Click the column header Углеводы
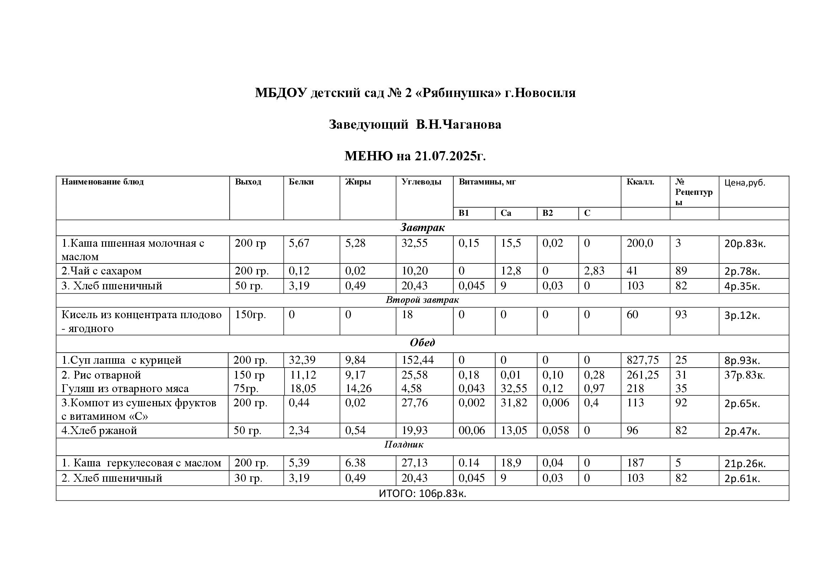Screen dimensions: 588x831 [x=421, y=182]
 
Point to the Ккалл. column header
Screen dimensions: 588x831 [x=640, y=182]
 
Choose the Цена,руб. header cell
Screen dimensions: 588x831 [x=745, y=183]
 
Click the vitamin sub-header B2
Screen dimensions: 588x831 [x=547, y=213]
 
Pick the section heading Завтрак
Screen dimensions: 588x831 [x=422, y=228]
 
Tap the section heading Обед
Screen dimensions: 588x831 [x=422, y=342]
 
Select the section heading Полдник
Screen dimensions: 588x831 [x=404, y=445]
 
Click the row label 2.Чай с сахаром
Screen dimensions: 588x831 [x=101, y=271]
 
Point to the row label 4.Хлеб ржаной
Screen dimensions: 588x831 [x=99, y=431]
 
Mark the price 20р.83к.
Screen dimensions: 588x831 [x=745, y=244]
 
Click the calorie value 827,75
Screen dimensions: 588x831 [x=642, y=360]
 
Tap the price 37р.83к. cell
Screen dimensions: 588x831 [x=745, y=375]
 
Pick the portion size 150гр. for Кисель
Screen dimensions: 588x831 [x=250, y=315]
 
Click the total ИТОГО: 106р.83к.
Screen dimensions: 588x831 [x=422, y=494]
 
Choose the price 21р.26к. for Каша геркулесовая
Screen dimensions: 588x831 [x=745, y=464]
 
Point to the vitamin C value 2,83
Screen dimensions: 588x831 [x=594, y=271]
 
